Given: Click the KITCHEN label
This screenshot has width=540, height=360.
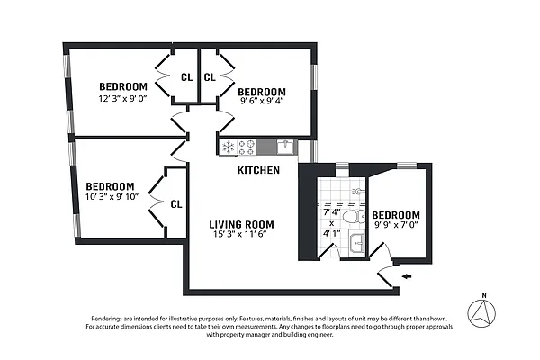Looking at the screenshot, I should point(258,170).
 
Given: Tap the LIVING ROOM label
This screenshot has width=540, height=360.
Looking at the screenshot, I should point(241,224).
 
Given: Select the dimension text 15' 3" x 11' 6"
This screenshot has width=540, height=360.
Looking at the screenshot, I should point(241,234).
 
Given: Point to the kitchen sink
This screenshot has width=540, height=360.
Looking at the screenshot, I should point(284,146).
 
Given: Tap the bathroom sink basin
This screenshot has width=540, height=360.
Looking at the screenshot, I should point(355,241).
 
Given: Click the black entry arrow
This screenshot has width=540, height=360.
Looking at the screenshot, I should point(409,276).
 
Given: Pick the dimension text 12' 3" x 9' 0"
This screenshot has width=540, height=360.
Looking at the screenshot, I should point(124,99).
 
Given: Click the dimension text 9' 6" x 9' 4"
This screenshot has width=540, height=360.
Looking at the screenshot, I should point(262,102).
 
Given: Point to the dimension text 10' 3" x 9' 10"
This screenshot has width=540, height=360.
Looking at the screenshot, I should point(112,196).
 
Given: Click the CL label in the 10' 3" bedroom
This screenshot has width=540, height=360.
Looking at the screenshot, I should point(176,204).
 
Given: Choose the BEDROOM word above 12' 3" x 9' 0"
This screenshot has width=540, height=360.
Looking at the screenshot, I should point(123,87).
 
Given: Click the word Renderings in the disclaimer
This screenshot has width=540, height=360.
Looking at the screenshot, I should point(113,319).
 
